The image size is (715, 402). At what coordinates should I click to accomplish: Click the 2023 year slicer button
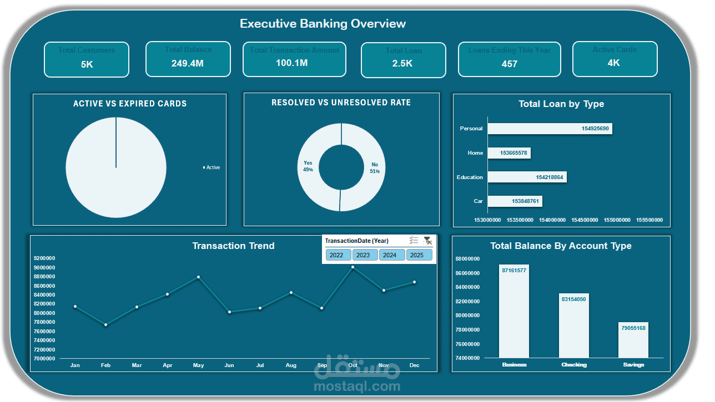[363, 255]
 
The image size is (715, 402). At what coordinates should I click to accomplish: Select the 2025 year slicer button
[417, 255]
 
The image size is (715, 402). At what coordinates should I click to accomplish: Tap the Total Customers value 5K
[87, 64]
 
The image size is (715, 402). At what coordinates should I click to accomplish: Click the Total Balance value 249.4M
[187, 63]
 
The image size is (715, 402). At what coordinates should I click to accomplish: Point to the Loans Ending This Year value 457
[509, 64]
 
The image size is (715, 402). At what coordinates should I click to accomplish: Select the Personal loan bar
[550, 129]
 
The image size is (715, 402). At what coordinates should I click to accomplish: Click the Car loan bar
[515, 201]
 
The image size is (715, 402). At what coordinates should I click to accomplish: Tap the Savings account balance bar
[633, 339]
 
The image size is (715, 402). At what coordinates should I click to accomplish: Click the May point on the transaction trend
[198, 277]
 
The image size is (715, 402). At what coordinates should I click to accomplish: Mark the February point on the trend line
[105, 325]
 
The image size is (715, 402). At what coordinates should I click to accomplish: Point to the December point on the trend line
[414, 282]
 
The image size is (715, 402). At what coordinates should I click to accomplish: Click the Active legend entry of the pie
[212, 167]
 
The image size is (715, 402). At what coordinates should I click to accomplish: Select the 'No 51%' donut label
[375, 168]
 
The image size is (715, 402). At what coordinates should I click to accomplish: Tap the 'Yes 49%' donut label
[308, 166]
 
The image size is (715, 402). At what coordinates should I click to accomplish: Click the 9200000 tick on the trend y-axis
[44, 258]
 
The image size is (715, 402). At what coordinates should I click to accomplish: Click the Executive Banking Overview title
[323, 24]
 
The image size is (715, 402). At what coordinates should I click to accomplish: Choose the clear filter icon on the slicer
[427, 241]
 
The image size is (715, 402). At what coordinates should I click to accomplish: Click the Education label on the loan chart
[470, 177]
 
